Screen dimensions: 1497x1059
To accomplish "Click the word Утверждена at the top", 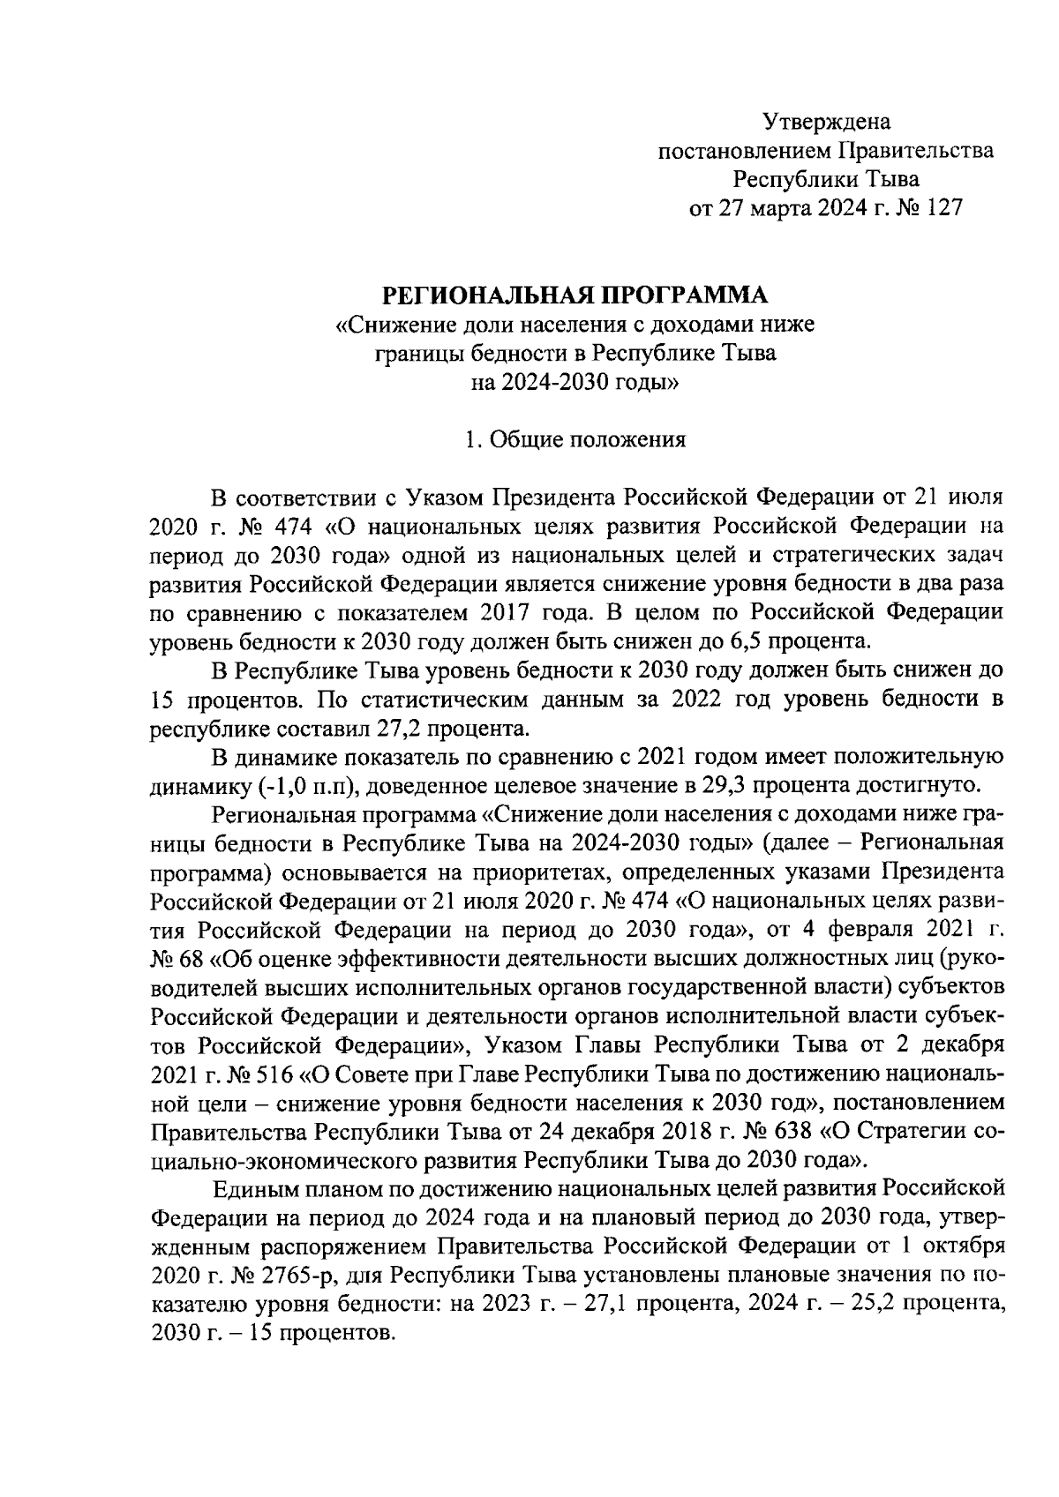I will point(827,121).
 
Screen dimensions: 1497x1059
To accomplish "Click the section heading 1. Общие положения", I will point(575,439).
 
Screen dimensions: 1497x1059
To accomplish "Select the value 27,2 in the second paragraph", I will point(420,729).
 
